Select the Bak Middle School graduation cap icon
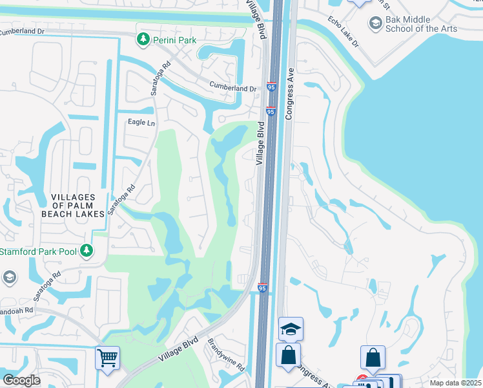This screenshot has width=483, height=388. pyautogui.click(x=375, y=24)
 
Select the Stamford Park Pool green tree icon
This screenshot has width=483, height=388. pyautogui.click(x=86, y=251)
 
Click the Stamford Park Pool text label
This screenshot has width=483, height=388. pyautogui.click(x=37, y=251)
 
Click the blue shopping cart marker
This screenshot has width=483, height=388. pyautogui.click(x=107, y=357)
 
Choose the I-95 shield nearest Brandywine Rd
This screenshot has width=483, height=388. pyautogui.click(x=262, y=286)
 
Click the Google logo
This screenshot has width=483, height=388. pyautogui.click(x=22, y=380)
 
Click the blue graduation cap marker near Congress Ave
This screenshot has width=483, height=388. pyautogui.click(x=291, y=329)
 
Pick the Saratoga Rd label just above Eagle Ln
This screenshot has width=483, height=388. pyautogui.click(x=161, y=79)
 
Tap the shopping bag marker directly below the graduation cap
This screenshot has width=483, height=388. pyautogui.click(x=287, y=355)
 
